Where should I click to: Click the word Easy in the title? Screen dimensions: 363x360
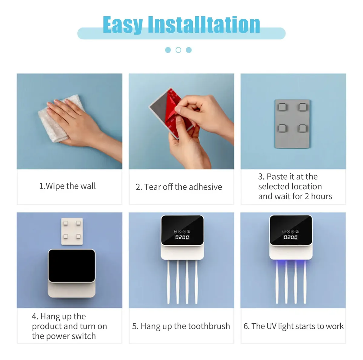coord(123,25)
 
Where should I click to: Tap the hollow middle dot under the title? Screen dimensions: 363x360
coord(178,50)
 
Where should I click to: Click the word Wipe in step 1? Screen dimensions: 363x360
coord(55,186)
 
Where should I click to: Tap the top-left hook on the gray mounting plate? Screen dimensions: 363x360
coord(282,107)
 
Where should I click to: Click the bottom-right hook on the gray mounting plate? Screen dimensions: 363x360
coord(302,128)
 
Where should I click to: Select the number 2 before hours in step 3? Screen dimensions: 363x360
coord(307,196)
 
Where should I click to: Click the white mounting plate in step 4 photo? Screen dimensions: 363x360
coord(72,231)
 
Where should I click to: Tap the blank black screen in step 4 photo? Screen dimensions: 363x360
coord(72,266)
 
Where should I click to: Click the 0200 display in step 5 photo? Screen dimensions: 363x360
coord(182,237)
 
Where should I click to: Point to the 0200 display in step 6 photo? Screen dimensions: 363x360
coord(290,237)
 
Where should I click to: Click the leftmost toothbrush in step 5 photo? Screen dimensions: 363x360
coord(168,282)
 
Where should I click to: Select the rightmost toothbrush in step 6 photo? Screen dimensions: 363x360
coord(305,282)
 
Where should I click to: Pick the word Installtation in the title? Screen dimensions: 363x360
coord(204,25)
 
